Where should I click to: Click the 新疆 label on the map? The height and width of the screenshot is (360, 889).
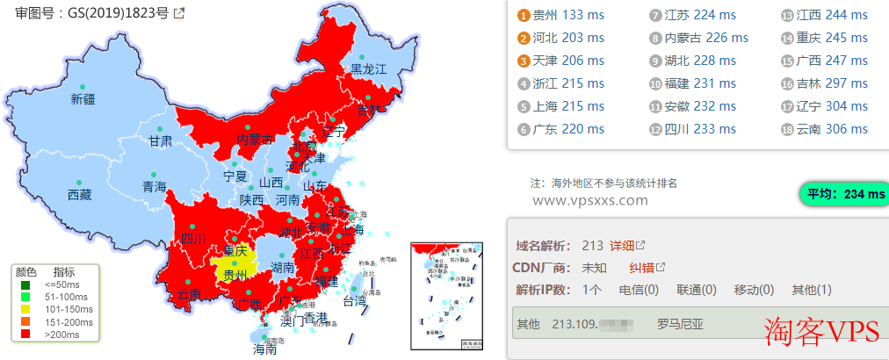(83, 99)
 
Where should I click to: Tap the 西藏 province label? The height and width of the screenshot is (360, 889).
(79, 195)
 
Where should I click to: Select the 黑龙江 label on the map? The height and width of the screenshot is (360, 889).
(369, 68)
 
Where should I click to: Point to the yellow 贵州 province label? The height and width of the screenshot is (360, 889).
(235, 274)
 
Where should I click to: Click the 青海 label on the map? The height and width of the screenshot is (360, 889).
(154, 186)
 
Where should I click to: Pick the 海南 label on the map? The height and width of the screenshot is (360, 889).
(264, 349)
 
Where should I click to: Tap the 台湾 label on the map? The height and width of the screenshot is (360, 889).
(354, 301)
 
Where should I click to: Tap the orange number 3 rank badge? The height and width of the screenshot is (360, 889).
(524, 61)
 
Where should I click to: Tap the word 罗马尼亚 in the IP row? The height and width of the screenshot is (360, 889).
(681, 324)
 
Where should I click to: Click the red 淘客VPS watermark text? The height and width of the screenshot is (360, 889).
(821, 330)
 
